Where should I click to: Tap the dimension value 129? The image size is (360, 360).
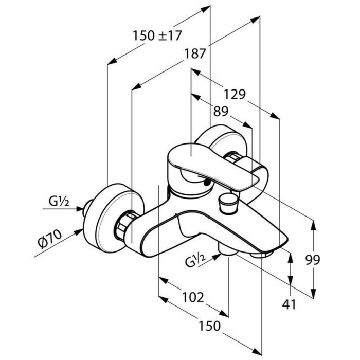tap(235, 94)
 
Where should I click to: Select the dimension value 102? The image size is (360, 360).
tap(192, 297)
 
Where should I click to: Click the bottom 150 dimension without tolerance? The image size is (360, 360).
tap(211, 326)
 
